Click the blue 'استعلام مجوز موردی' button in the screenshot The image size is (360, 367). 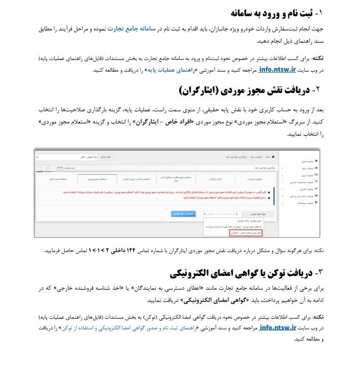point(184,214)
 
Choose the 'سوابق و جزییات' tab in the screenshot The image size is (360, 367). point(256,179)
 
